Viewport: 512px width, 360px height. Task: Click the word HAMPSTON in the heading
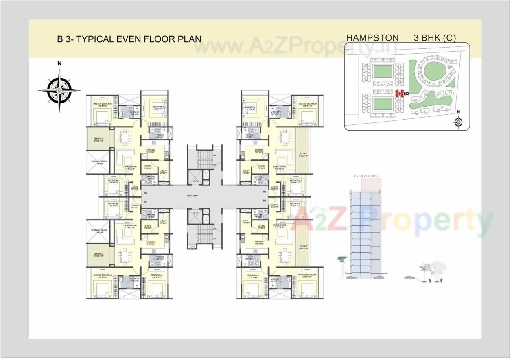372,38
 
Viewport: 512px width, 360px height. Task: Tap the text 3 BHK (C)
434,38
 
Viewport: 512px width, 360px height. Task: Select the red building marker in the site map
399,94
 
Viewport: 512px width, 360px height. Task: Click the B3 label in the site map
406,94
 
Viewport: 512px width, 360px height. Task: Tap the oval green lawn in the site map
433,73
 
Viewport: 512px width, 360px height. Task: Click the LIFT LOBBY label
193,196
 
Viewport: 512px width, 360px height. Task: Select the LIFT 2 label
195,180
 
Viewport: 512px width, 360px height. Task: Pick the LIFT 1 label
195,212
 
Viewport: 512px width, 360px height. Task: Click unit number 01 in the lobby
145,201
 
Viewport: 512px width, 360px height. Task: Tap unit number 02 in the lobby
145,192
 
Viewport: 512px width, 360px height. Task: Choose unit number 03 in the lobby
264,192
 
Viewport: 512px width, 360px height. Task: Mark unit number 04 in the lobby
264,201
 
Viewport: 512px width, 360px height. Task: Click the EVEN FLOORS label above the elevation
365,176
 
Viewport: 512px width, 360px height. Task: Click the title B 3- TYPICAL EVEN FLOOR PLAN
129,39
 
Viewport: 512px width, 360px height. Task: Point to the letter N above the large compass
59,63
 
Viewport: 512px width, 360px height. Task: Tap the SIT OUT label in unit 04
303,247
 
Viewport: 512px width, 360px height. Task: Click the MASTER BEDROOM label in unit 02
102,104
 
